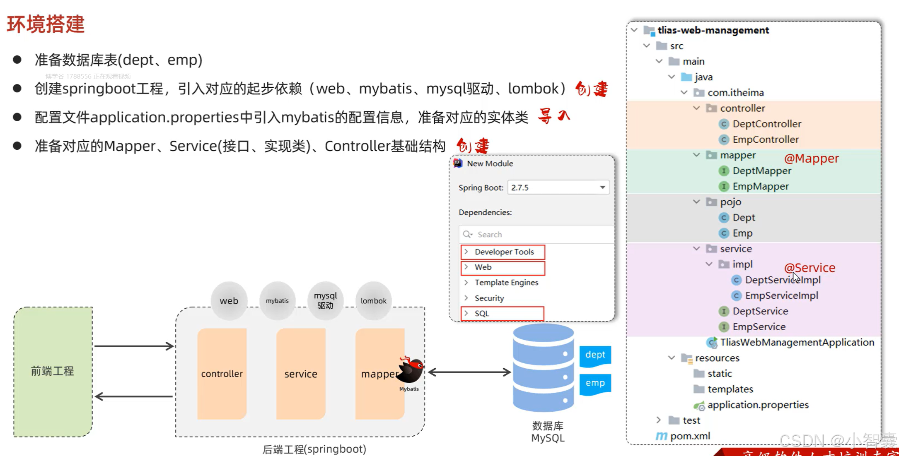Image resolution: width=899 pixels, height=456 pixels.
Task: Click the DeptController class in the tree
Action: click(x=766, y=124)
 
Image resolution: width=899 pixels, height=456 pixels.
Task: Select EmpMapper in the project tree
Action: click(x=760, y=186)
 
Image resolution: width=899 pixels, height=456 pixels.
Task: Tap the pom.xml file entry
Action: click(x=690, y=436)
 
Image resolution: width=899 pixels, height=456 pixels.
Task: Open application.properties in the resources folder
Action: click(x=758, y=405)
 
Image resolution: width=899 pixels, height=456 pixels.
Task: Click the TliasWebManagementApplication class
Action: click(x=797, y=342)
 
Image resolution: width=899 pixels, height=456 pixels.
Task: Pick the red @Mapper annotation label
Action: click(x=811, y=158)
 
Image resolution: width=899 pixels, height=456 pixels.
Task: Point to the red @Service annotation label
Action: click(x=810, y=267)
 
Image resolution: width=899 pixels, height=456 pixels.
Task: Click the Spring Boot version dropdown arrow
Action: click(x=602, y=187)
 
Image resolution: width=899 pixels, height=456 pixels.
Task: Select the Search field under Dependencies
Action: click(x=539, y=234)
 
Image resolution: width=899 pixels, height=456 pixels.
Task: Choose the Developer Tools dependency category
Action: click(x=504, y=252)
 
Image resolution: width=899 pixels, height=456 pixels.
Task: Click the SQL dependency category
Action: click(x=482, y=313)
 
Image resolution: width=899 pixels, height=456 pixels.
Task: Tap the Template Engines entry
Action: click(x=506, y=282)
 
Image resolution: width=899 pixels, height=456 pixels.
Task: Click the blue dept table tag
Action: click(x=595, y=355)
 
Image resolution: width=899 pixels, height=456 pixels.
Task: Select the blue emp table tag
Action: click(x=595, y=383)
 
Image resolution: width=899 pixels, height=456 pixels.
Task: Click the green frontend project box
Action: click(x=53, y=371)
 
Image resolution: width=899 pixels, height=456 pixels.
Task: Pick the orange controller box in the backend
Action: click(x=222, y=374)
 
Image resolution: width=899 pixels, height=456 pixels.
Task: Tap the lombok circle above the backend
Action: click(x=373, y=301)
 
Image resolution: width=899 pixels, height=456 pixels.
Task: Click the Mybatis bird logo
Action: click(x=411, y=370)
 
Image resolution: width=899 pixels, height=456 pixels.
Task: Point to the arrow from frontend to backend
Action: click(x=134, y=346)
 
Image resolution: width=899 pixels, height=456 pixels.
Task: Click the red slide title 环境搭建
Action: click(x=46, y=24)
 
